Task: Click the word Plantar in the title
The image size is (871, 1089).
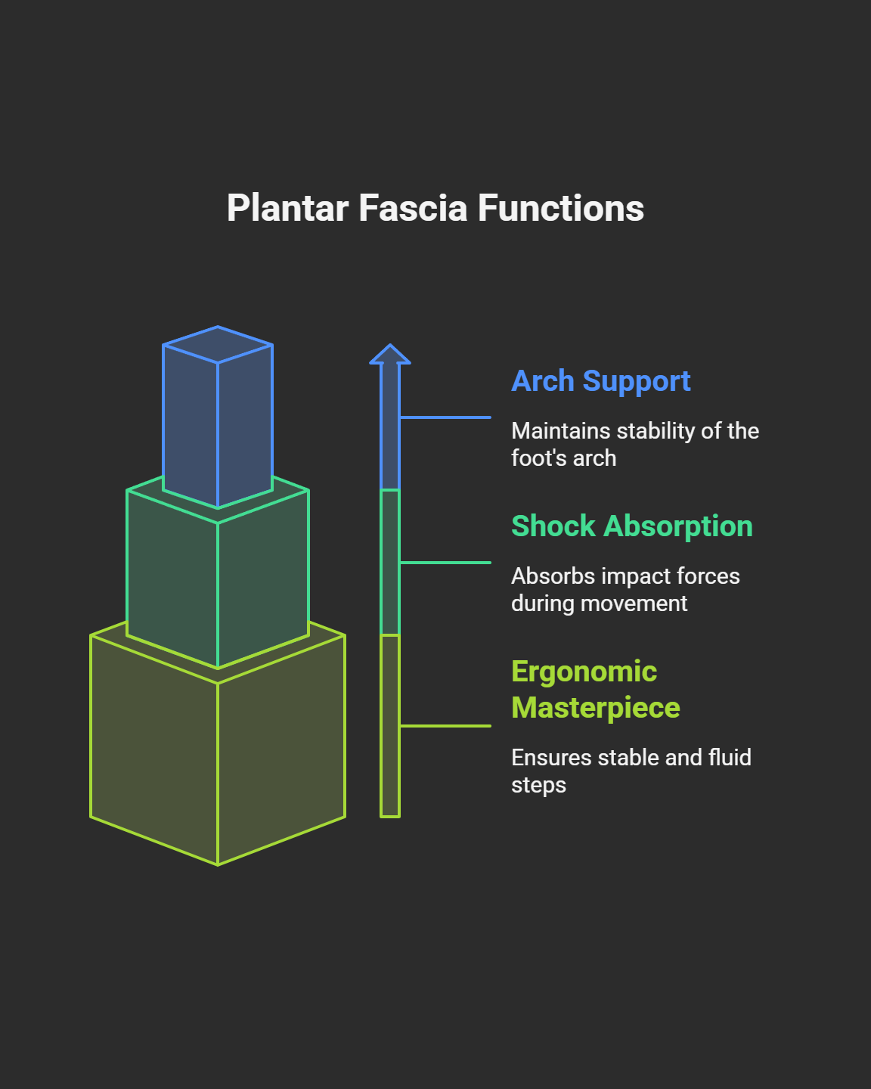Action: [x=287, y=209]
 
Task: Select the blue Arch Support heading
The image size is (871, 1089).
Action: [x=601, y=381]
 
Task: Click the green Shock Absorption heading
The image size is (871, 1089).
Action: [x=632, y=526]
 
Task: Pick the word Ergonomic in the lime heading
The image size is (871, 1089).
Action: [x=584, y=672]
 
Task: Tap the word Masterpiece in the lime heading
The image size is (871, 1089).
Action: [x=596, y=708]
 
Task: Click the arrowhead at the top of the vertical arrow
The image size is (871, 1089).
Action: [x=390, y=355]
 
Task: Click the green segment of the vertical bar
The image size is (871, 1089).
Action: [x=390, y=562]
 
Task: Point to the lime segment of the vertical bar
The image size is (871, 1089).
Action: [x=390, y=726]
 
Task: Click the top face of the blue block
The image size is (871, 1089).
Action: [x=218, y=345]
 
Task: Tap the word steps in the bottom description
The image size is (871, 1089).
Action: [x=538, y=785]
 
